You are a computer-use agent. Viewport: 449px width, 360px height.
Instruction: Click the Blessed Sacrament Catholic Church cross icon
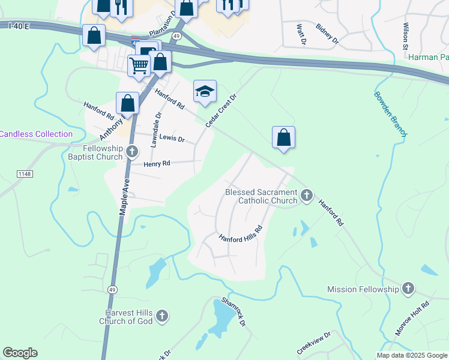click(307, 195)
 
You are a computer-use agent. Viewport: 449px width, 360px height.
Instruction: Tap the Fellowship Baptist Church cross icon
click(133, 153)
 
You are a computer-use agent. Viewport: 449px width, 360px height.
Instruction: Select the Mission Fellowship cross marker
click(408, 289)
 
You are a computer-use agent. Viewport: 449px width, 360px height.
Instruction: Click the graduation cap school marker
click(205, 92)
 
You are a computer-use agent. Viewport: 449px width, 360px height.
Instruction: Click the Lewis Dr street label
click(172, 138)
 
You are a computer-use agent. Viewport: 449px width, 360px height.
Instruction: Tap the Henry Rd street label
click(157, 163)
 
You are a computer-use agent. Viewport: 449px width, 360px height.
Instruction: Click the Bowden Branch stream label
click(390, 113)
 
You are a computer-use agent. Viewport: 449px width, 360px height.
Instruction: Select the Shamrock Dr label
click(234, 311)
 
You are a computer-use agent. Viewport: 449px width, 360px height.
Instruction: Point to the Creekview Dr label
click(313, 343)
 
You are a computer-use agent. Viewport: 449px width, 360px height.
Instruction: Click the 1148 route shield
click(24, 174)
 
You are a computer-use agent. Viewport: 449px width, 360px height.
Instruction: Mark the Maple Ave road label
click(124, 191)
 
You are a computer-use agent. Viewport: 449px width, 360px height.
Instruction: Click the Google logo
click(20, 353)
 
